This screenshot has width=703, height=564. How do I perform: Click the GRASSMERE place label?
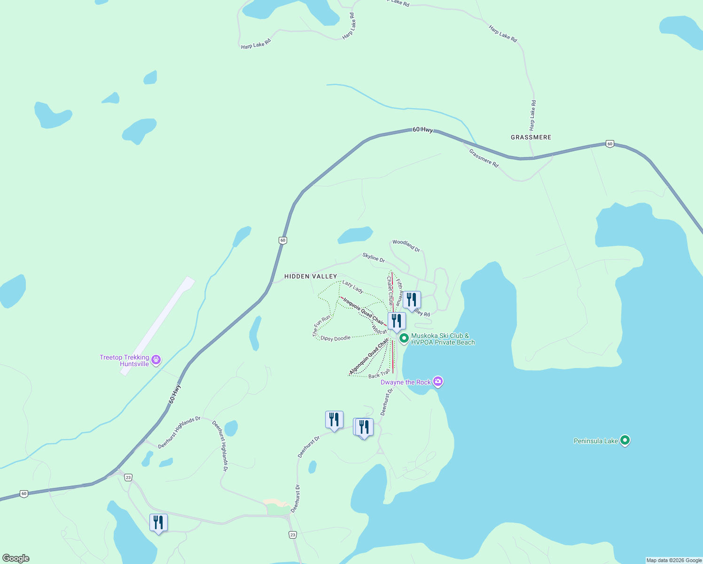[x=531, y=137]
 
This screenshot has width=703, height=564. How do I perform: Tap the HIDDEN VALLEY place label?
[x=311, y=276]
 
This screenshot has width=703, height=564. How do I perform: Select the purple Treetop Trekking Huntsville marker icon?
[x=156, y=360]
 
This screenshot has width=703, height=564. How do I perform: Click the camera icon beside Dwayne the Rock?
[x=438, y=381]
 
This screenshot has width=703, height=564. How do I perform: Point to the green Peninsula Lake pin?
[x=625, y=440]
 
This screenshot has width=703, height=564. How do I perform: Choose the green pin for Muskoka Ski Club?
[x=404, y=338]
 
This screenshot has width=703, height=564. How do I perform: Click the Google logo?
[x=16, y=558]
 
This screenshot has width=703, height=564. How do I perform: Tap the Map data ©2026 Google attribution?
[x=674, y=560]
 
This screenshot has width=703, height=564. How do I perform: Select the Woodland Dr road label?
[x=406, y=245]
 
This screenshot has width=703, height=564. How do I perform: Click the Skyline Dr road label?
[x=374, y=258]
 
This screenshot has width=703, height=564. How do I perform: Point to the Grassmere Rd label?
[x=484, y=158]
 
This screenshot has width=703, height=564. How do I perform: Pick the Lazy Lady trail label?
[x=352, y=287]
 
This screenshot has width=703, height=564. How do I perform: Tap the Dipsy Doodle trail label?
[x=335, y=338]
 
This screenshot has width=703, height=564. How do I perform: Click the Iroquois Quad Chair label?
[x=363, y=310]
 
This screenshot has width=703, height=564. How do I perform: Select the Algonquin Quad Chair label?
[x=369, y=357]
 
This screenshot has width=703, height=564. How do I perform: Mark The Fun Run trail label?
[x=322, y=326]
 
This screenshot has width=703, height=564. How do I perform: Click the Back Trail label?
[x=379, y=375]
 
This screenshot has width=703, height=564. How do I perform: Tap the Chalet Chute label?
[x=390, y=290]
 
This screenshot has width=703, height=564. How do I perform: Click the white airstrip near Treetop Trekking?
[x=157, y=326]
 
